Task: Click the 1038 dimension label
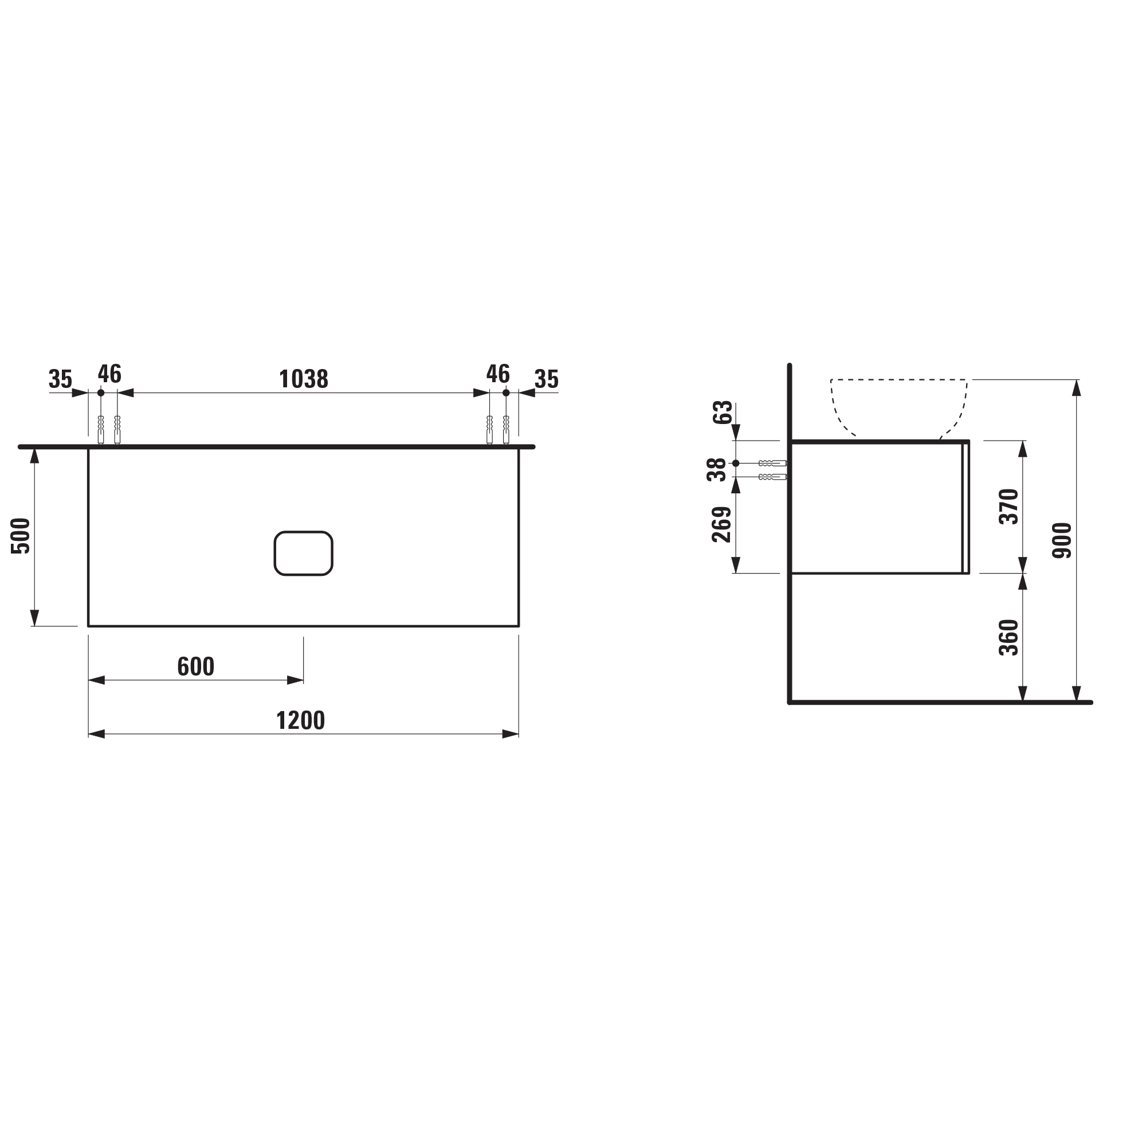[x=303, y=379]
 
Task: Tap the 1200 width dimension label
[x=300, y=721]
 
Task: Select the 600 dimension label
[x=196, y=667]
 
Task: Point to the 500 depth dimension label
[x=21, y=536]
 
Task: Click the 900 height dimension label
[x=1062, y=540]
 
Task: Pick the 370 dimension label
[x=1009, y=507]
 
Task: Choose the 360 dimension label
[x=1009, y=638]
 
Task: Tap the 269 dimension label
[x=721, y=524]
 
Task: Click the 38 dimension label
[x=717, y=470]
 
